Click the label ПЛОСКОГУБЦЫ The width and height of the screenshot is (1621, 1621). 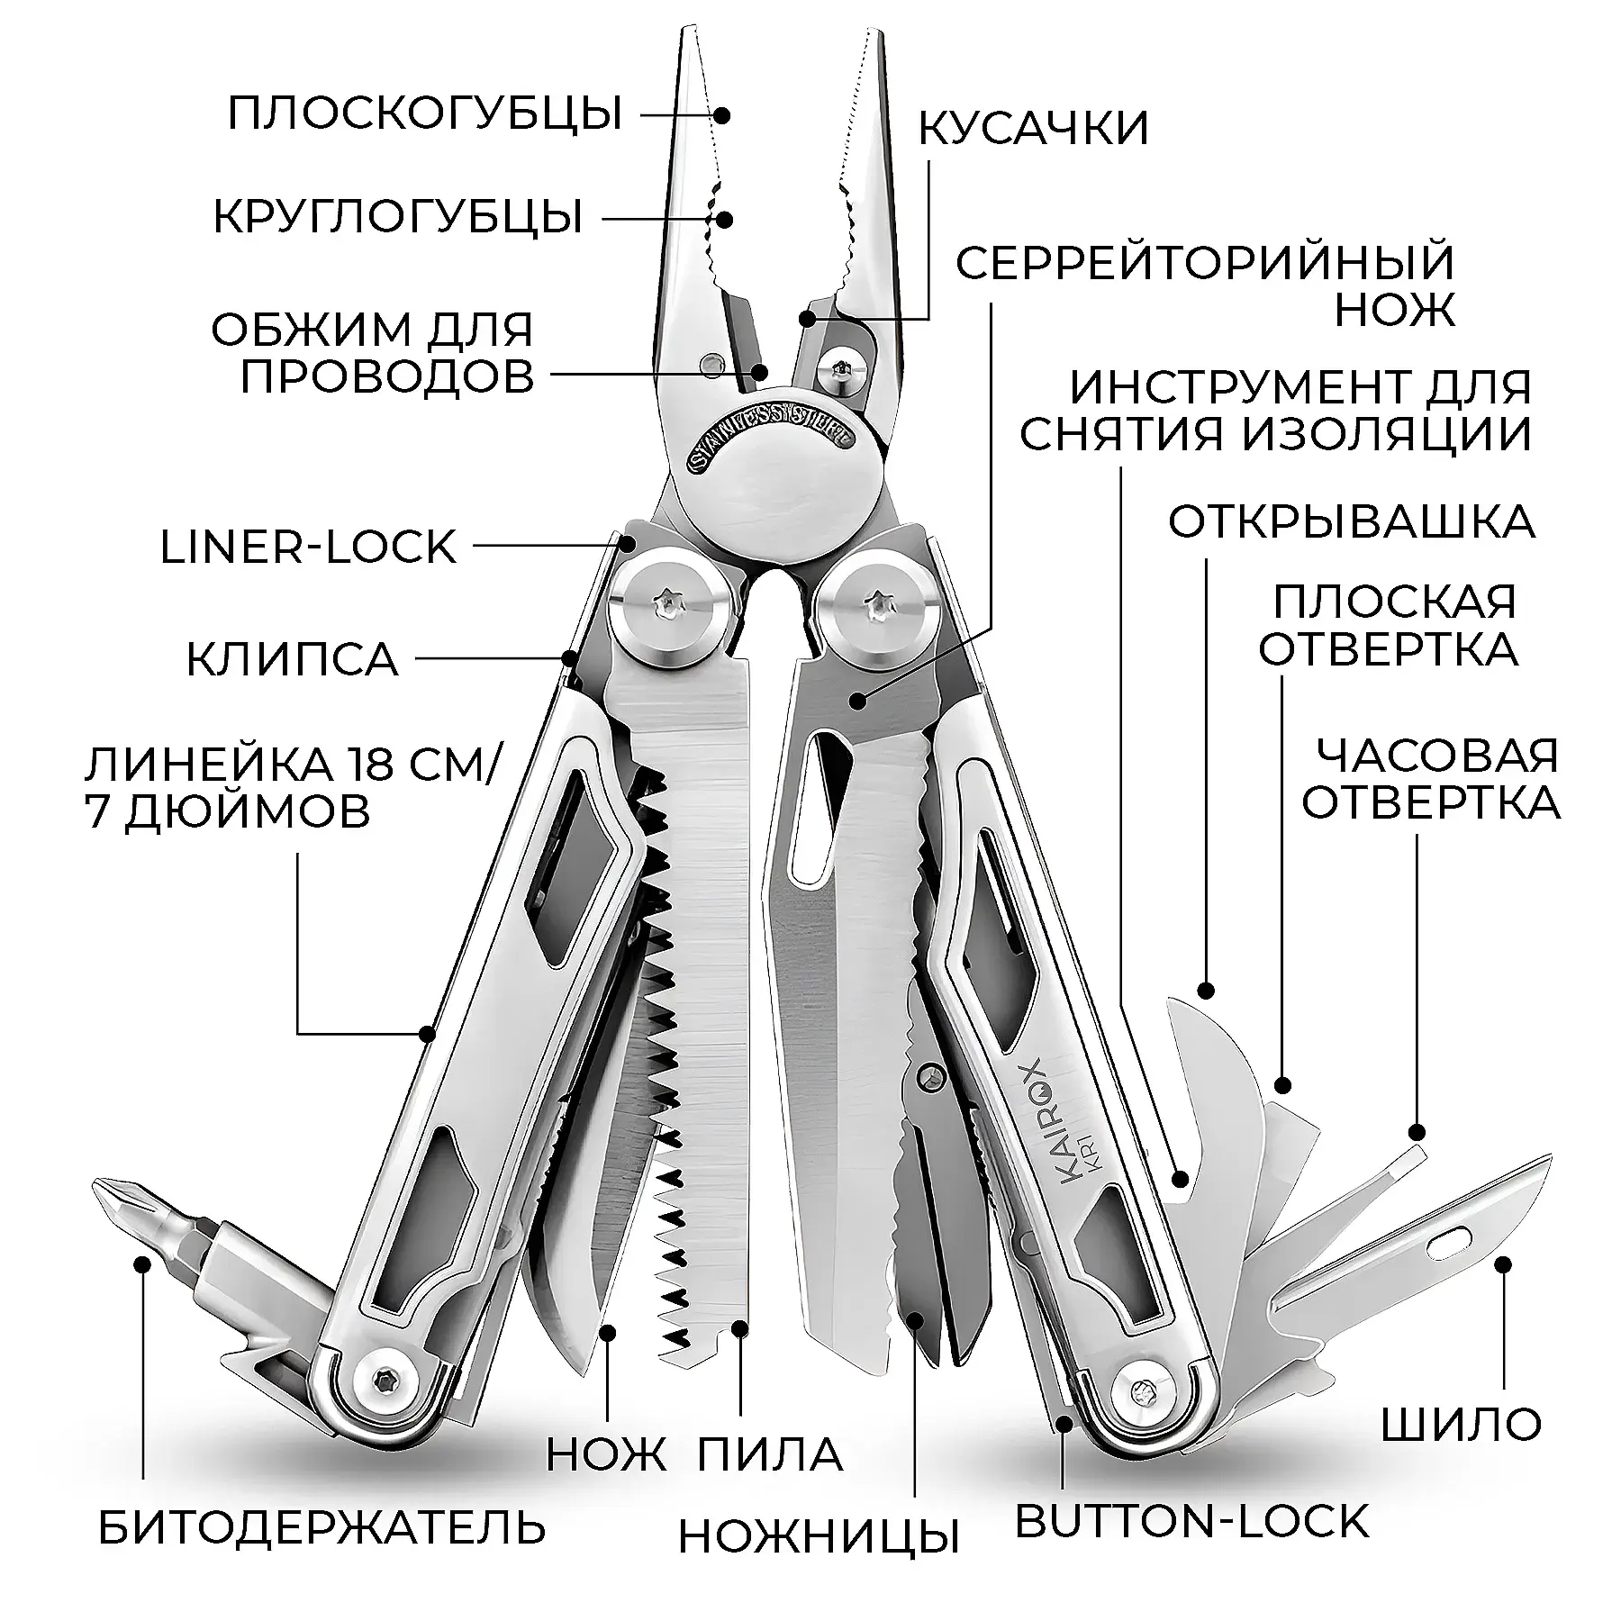(x=425, y=114)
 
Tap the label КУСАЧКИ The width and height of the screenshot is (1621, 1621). (x=1034, y=128)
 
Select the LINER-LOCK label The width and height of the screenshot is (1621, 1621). (x=308, y=547)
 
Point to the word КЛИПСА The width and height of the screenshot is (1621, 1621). (x=292, y=659)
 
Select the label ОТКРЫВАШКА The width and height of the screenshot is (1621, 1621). (x=1351, y=521)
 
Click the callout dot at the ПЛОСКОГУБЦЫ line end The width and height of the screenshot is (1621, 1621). (x=721, y=114)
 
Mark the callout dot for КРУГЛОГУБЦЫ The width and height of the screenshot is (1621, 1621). (x=722, y=219)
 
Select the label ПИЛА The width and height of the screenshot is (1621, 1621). (x=770, y=1454)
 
